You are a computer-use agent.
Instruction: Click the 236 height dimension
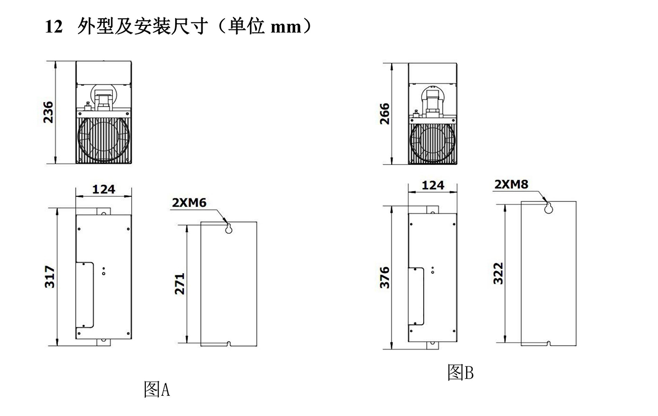click(49, 112)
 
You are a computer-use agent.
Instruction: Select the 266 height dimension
click(385, 114)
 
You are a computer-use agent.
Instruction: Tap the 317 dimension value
click(50, 277)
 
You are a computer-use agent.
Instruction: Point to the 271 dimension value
click(180, 284)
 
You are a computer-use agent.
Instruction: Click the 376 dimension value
click(385, 278)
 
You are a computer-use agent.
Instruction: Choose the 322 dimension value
click(498, 273)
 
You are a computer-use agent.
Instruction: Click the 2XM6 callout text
click(189, 203)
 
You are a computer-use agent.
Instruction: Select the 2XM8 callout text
click(511, 185)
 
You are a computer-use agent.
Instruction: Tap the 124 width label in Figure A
click(104, 189)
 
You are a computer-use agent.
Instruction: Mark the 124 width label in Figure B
click(433, 185)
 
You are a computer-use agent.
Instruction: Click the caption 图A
click(157, 389)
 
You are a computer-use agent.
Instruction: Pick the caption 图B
click(460, 372)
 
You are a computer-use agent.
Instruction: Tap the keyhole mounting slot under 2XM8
click(549, 208)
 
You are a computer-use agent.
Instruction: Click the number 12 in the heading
click(54, 27)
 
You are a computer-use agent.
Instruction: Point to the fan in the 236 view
click(104, 140)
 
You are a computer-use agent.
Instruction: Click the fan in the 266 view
click(433, 143)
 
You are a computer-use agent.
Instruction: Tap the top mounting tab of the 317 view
click(104, 211)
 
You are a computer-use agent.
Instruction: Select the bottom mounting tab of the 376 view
click(432, 346)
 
